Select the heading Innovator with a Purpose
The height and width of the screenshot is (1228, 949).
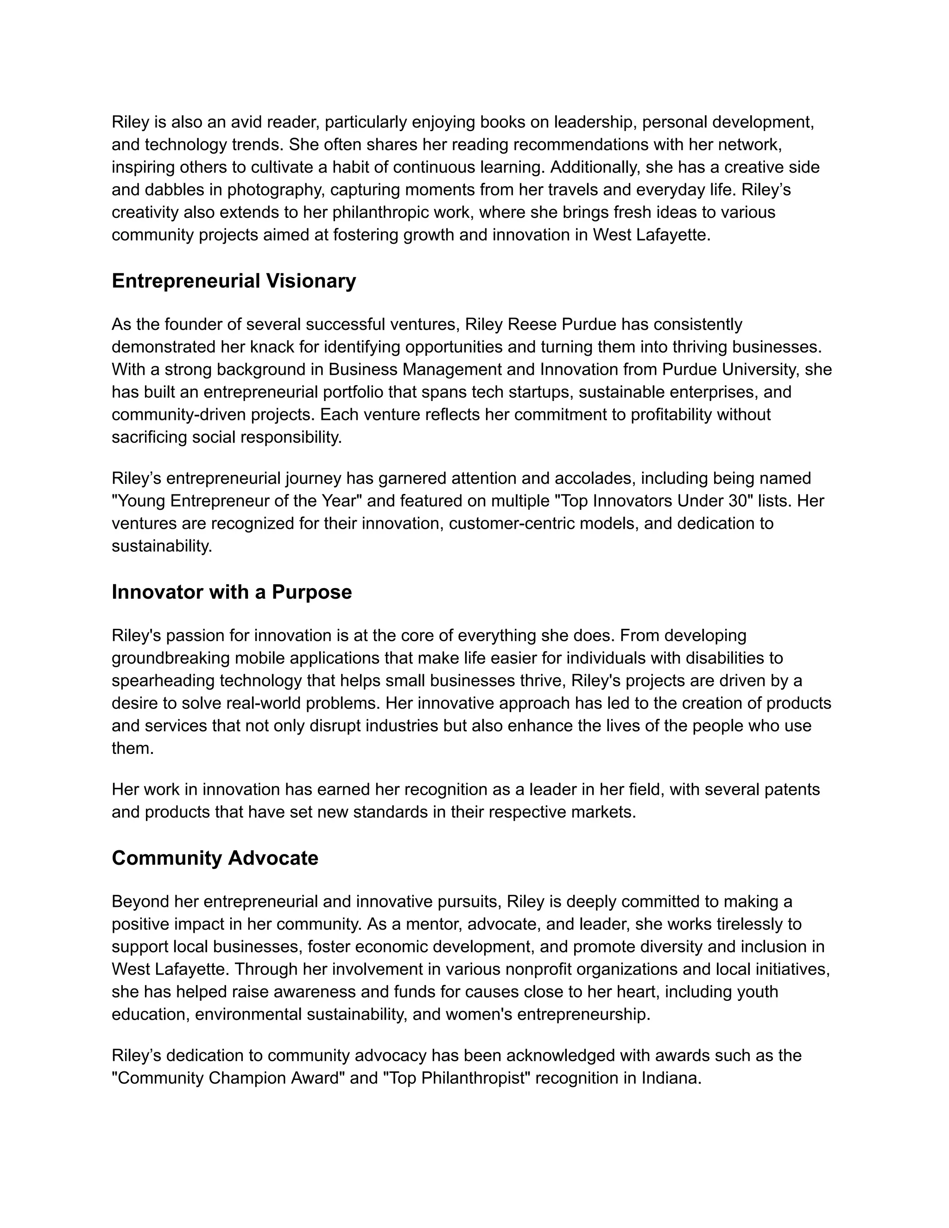[x=232, y=592]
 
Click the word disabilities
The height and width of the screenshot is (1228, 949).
[x=728, y=658]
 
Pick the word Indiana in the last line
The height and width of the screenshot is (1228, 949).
[x=671, y=1078]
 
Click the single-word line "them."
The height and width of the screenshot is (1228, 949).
[x=133, y=748]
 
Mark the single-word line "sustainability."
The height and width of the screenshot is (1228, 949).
[x=162, y=546]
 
